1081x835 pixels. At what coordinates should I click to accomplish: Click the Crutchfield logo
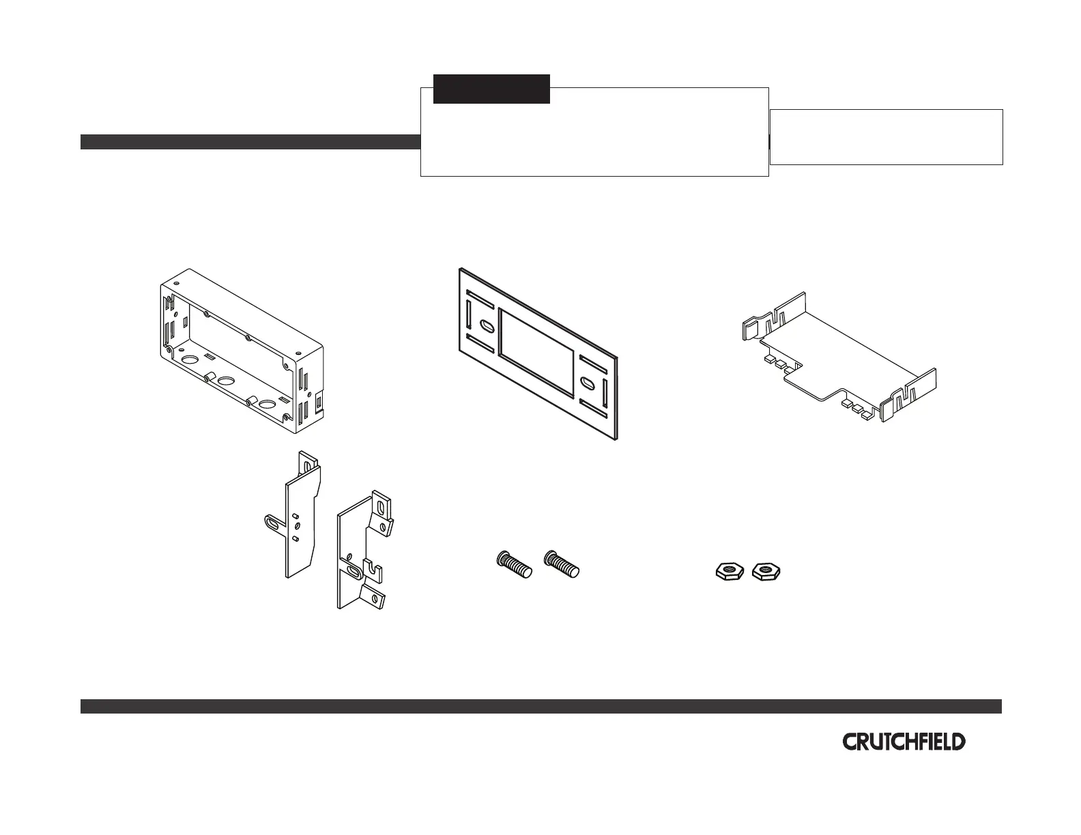point(904,742)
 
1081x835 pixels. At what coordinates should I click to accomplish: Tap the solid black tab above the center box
point(491,89)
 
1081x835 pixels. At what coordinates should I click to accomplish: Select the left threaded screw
point(513,566)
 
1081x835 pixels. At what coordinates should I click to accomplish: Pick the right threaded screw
point(562,565)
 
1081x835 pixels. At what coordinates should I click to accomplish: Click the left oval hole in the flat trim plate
point(487,326)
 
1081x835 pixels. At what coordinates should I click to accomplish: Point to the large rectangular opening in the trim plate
point(537,352)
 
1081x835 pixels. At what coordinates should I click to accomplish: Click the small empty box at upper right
point(886,136)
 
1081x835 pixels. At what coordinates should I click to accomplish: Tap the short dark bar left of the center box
point(250,142)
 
